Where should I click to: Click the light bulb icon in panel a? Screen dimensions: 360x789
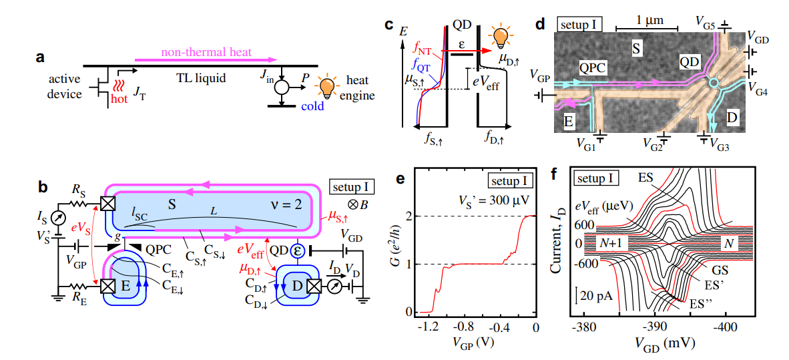pyautogui.click(x=327, y=85)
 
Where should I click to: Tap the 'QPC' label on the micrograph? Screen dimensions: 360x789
pyautogui.click(x=593, y=67)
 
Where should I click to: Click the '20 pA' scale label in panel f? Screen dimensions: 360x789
pyautogui.click(x=596, y=294)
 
